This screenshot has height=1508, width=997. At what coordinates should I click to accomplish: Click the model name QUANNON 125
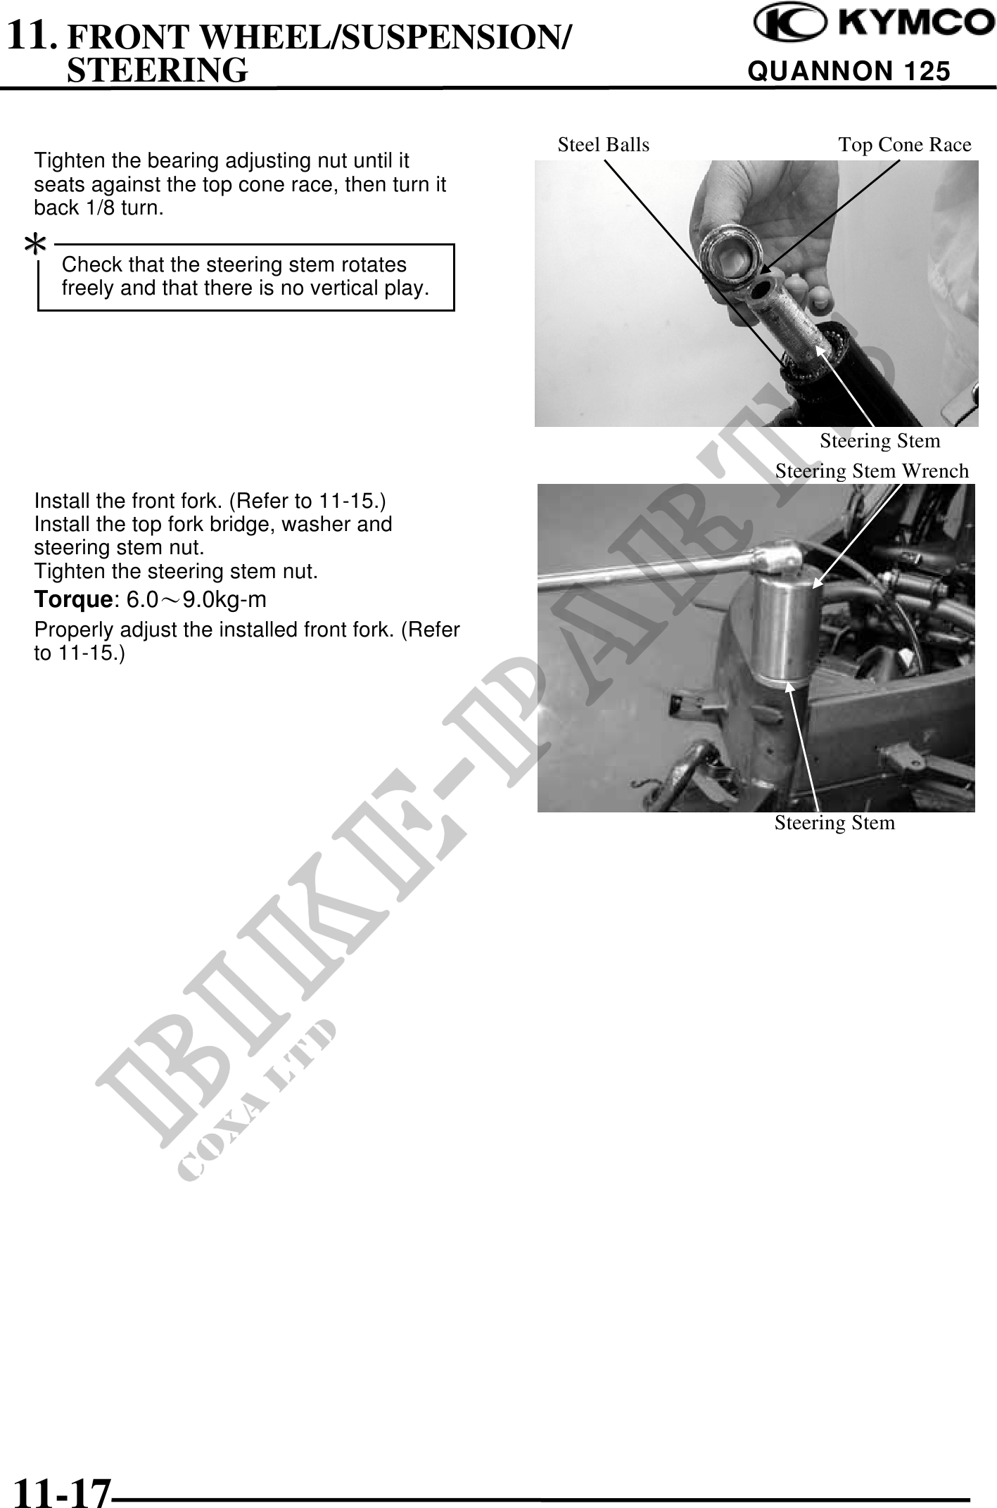[849, 71]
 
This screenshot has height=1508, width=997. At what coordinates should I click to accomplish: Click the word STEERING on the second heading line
[157, 70]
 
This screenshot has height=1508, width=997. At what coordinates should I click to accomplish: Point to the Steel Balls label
[604, 145]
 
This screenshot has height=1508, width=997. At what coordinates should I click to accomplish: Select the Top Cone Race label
[905, 145]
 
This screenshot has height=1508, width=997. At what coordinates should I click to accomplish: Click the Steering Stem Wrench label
[872, 471]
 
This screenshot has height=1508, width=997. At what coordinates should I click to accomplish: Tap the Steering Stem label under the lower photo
[835, 822]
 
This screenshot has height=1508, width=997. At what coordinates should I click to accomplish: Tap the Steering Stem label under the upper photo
[880, 441]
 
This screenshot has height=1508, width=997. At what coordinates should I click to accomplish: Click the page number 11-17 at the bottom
[63, 1488]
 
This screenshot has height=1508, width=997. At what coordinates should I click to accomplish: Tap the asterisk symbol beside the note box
[36, 245]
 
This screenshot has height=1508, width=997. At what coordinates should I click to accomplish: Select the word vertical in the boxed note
[343, 288]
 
